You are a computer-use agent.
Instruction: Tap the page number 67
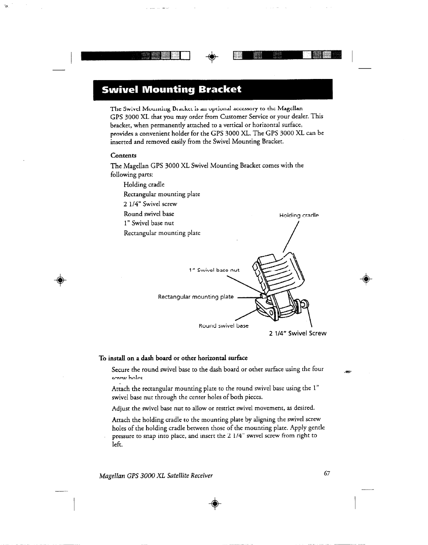327,474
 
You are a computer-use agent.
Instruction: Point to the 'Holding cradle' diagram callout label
299,215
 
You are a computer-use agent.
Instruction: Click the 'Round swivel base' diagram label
223,326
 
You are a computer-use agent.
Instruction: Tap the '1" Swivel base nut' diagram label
214,270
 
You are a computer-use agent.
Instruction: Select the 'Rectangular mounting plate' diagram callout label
196,297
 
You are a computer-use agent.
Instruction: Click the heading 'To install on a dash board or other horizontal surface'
173,358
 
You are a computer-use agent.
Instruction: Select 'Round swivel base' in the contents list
149,214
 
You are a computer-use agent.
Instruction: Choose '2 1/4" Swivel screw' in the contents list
150,204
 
